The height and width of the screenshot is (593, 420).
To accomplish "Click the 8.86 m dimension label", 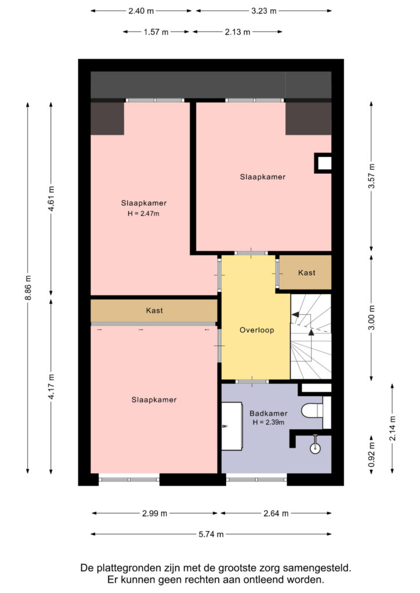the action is (28, 288).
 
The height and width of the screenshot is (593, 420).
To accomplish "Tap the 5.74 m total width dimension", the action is (211, 534).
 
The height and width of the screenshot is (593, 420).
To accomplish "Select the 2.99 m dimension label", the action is (154, 513).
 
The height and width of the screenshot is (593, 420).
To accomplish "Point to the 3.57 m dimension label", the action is (371, 176).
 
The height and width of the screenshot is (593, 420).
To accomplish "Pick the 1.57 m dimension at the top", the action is (156, 32).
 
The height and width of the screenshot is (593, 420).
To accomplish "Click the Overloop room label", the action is (257, 330).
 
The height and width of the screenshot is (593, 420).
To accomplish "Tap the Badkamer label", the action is (268, 413).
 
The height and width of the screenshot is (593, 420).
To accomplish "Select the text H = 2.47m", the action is (143, 213).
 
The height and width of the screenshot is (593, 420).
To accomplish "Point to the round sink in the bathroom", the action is (315, 448).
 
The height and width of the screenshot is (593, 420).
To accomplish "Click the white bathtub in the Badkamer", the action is (232, 426).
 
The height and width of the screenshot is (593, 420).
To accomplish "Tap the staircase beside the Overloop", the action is (311, 336).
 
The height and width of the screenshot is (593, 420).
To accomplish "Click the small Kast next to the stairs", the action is (305, 272).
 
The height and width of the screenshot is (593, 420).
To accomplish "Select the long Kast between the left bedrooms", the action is (154, 310).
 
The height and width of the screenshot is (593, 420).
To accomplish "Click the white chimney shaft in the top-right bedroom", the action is (324, 163).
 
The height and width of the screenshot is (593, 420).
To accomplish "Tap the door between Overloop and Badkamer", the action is (251, 382).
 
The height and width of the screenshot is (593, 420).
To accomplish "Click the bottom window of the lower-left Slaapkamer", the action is (129, 479).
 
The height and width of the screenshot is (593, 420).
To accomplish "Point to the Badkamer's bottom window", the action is (256, 479).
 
